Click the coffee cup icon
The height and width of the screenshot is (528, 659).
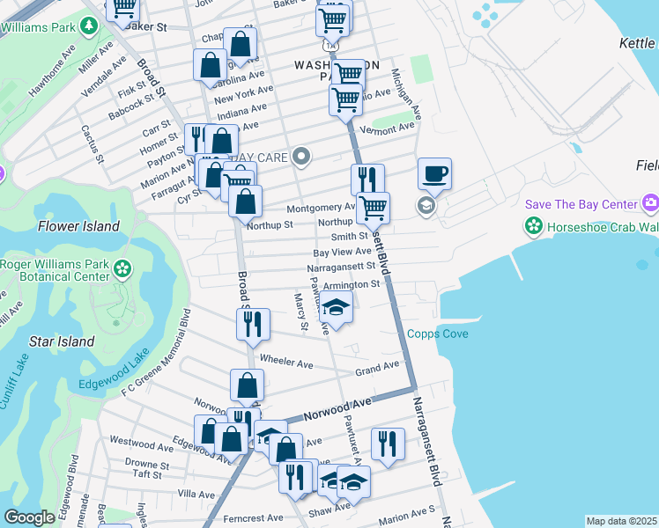(434, 173)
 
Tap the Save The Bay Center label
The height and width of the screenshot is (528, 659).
(581, 204)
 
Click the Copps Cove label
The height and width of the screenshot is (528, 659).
(437, 334)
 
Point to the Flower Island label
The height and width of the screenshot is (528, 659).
(78, 226)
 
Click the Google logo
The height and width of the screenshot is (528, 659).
(29, 517)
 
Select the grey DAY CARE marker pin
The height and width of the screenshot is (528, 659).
(302, 157)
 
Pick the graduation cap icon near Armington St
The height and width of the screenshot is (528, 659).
(336, 308)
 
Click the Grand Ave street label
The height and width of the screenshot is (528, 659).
(377, 367)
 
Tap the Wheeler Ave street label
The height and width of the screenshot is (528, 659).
(286, 362)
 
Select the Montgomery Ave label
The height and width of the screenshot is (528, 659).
(321, 208)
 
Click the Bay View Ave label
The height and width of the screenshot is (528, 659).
(343, 252)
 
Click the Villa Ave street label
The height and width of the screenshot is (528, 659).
(196, 495)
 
